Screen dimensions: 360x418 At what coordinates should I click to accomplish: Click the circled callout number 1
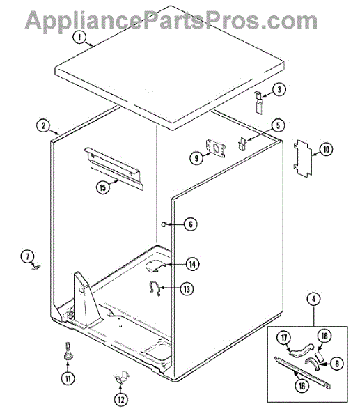79,37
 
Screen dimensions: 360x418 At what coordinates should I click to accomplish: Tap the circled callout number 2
43,125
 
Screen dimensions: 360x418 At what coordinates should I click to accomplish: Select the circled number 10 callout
326,149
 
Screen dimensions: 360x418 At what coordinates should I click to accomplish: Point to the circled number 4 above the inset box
313,299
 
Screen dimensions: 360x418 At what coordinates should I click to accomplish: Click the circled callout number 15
103,187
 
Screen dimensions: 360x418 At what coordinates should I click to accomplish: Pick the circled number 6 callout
191,224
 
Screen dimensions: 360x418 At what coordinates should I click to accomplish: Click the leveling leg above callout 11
68,351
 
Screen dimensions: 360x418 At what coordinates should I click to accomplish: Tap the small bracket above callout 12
122,377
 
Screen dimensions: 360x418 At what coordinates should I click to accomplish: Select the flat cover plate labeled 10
303,158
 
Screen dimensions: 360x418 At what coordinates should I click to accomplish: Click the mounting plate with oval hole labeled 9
216,148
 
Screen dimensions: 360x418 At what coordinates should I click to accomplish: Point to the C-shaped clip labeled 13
154,288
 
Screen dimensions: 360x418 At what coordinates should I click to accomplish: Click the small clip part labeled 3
258,102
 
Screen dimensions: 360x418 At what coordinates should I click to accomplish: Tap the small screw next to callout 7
36,267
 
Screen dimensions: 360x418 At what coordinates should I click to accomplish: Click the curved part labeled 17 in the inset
301,350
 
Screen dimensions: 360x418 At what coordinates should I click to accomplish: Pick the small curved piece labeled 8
313,364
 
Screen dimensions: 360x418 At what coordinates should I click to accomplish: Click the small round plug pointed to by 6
164,224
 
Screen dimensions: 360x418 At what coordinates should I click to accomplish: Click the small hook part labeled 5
242,144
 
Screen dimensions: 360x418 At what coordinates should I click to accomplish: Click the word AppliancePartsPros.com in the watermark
171,21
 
